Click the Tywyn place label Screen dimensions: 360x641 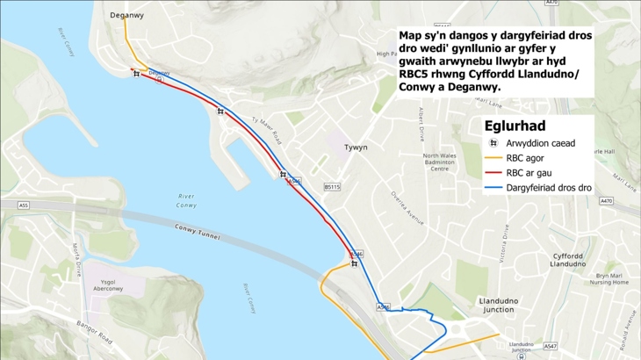pyautogui.click(x=355, y=148)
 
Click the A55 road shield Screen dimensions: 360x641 pyautogui.click(x=23, y=205)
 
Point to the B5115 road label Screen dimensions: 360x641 pyautogui.click(x=331, y=186)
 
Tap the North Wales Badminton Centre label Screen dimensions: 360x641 pyautogui.click(x=439, y=162)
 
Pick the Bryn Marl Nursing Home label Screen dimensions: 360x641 pyautogui.click(x=609, y=278)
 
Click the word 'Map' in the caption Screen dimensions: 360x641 pyautogui.click(x=410, y=36)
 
